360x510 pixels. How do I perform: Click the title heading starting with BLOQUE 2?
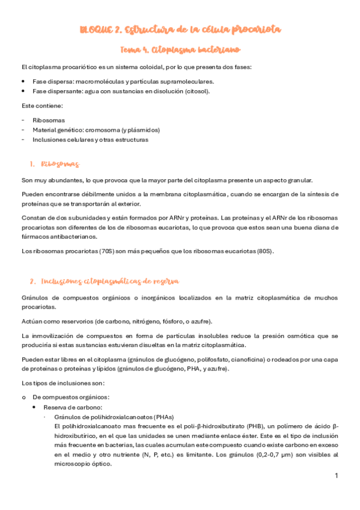pos(180,29)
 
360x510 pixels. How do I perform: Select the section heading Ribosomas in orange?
pos(60,164)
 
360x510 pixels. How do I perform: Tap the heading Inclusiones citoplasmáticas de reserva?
pos(109,281)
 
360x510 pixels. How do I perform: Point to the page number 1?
pos(337,476)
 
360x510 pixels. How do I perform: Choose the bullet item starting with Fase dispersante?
pos(121,91)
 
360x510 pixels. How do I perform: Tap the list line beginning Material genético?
pos(96,129)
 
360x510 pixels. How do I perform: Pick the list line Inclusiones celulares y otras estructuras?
pos(90,140)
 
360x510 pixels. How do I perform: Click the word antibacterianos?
pos(58,237)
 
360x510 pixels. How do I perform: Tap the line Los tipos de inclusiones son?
pos(63,382)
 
